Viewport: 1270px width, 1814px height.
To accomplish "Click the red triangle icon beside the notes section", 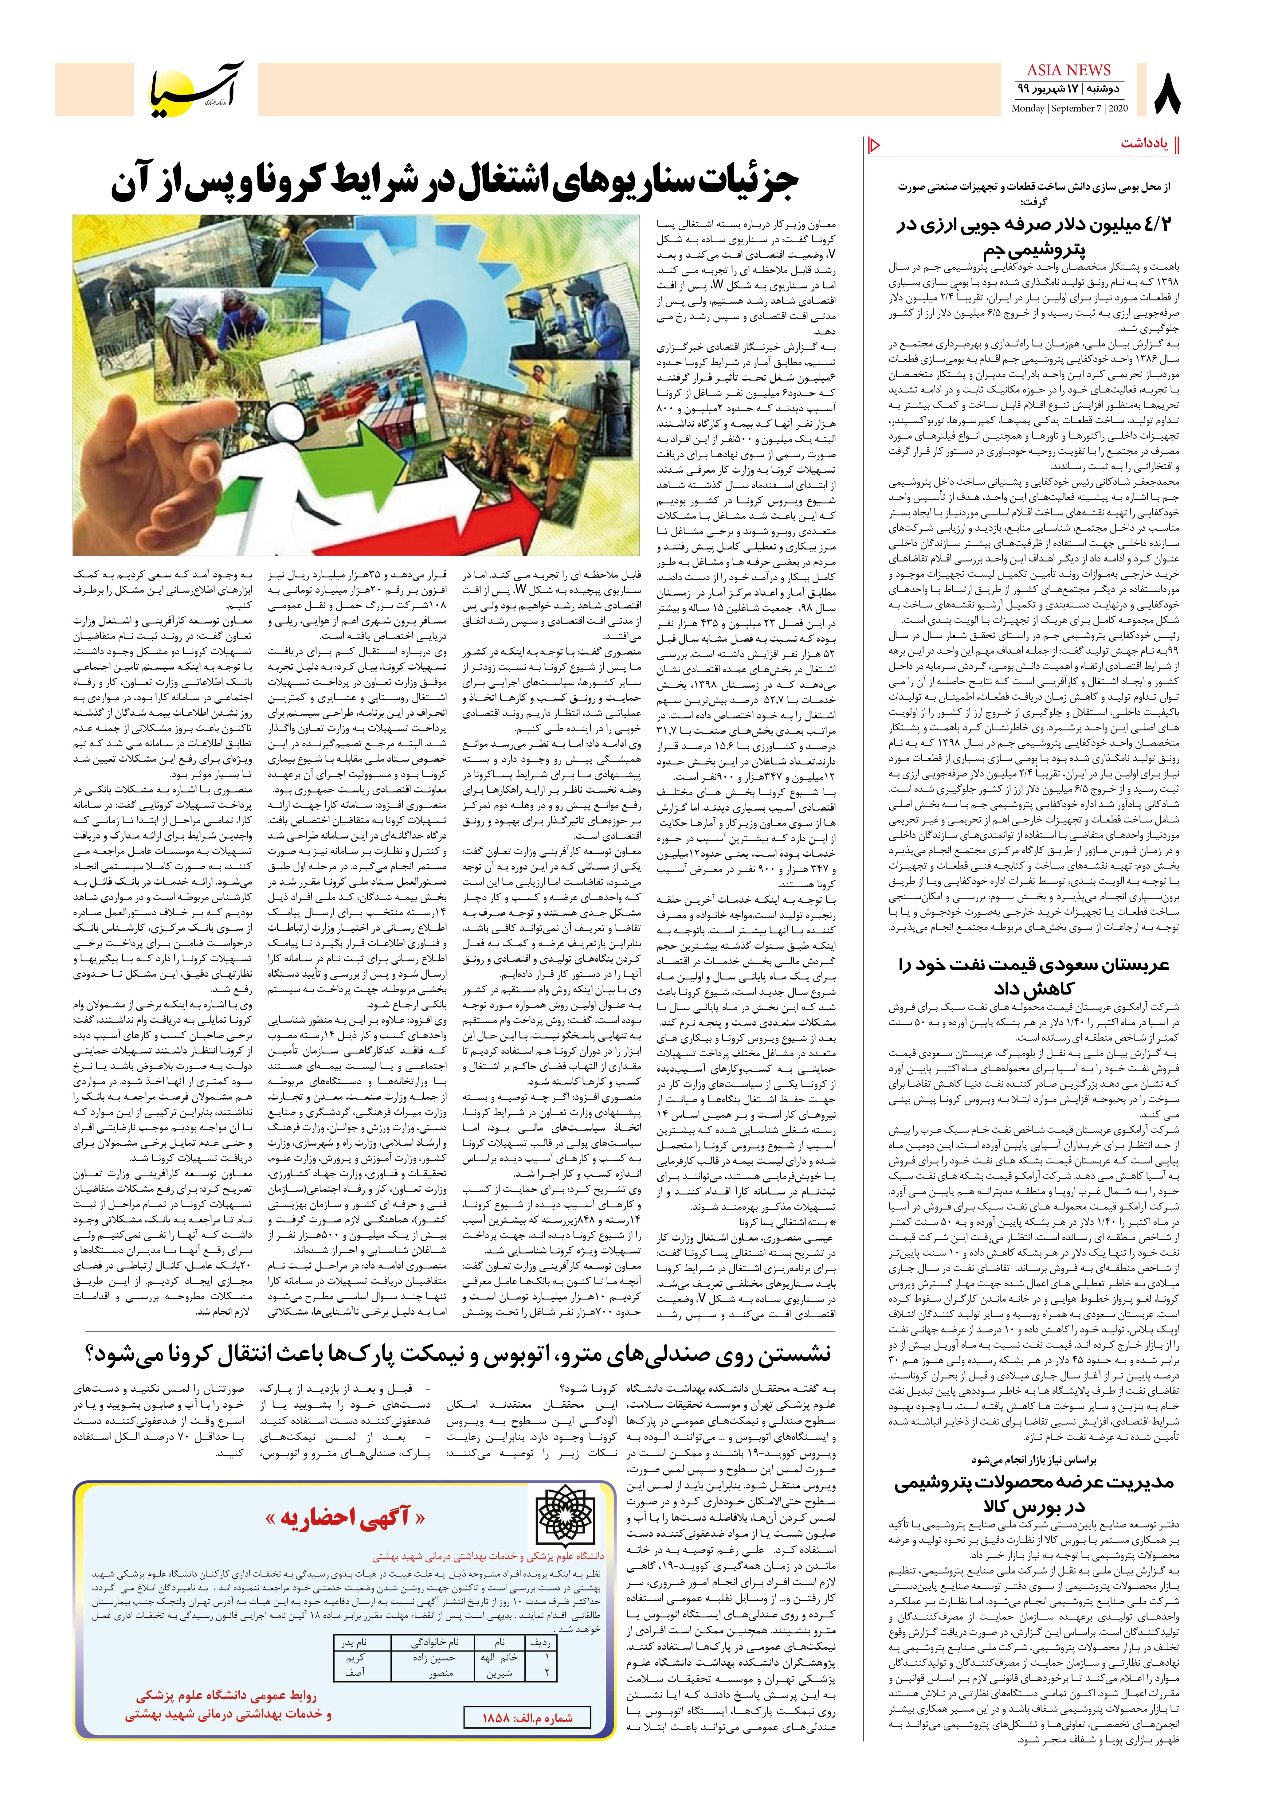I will pos(874,145).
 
